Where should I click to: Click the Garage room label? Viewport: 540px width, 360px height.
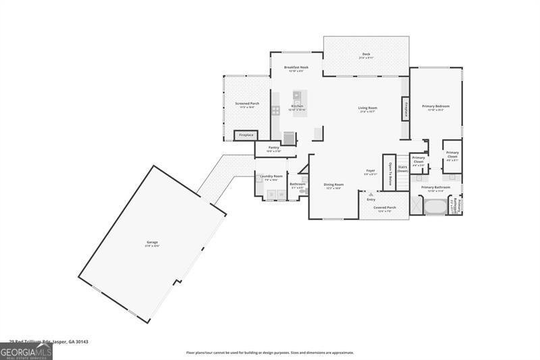[x=151, y=243]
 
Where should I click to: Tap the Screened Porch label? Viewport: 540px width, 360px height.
[x=246, y=105]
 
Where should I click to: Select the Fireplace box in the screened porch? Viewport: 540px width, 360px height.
[x=245, y=135]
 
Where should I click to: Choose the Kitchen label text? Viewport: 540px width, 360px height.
[x=297, y=107]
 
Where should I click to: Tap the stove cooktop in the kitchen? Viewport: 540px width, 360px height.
[x=275, y=110]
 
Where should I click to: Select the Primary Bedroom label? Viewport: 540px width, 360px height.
[x=436, y=107]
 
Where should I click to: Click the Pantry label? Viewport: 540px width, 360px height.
[x=273, y=149]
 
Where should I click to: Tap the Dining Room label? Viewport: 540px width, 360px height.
[x=333, y=186]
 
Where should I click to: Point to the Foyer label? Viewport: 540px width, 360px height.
[x=370, y=172]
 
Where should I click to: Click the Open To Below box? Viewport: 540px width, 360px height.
[x=389, y=174]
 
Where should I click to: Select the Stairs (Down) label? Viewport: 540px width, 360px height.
[x=402, y=169]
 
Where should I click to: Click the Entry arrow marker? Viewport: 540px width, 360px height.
[x=371, y=195]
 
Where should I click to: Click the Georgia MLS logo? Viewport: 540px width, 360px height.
[x=26, y=351]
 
